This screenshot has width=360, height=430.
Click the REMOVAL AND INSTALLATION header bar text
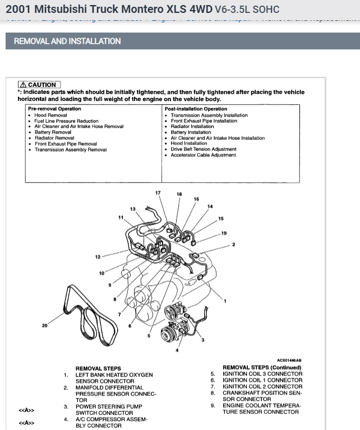(67, 41)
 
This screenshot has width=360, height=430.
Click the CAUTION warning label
(39, 85)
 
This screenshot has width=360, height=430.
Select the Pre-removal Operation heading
(54, 109)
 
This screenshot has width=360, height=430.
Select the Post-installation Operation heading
(196, 109)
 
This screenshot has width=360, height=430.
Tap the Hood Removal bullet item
(50, 115)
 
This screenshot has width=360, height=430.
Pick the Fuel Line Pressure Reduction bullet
(66, 121)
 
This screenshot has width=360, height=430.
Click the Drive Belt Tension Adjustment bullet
(204, 149)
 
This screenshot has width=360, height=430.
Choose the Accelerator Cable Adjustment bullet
(203, 155)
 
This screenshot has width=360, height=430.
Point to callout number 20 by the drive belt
(45, 326)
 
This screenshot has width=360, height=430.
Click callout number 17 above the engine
(158, 193)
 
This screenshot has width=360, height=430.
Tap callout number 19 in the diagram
(224, 233)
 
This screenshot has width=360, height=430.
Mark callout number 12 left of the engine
(98, 257)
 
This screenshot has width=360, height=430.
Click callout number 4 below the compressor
(177, 351)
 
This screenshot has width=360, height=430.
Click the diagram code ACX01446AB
(289, 360)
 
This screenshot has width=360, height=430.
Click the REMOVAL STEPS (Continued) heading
(262, 368)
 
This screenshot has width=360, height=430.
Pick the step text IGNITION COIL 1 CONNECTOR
(262, 380)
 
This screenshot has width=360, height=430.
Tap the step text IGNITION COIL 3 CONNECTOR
(262, 374)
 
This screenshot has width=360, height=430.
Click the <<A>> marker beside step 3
(26, 410)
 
